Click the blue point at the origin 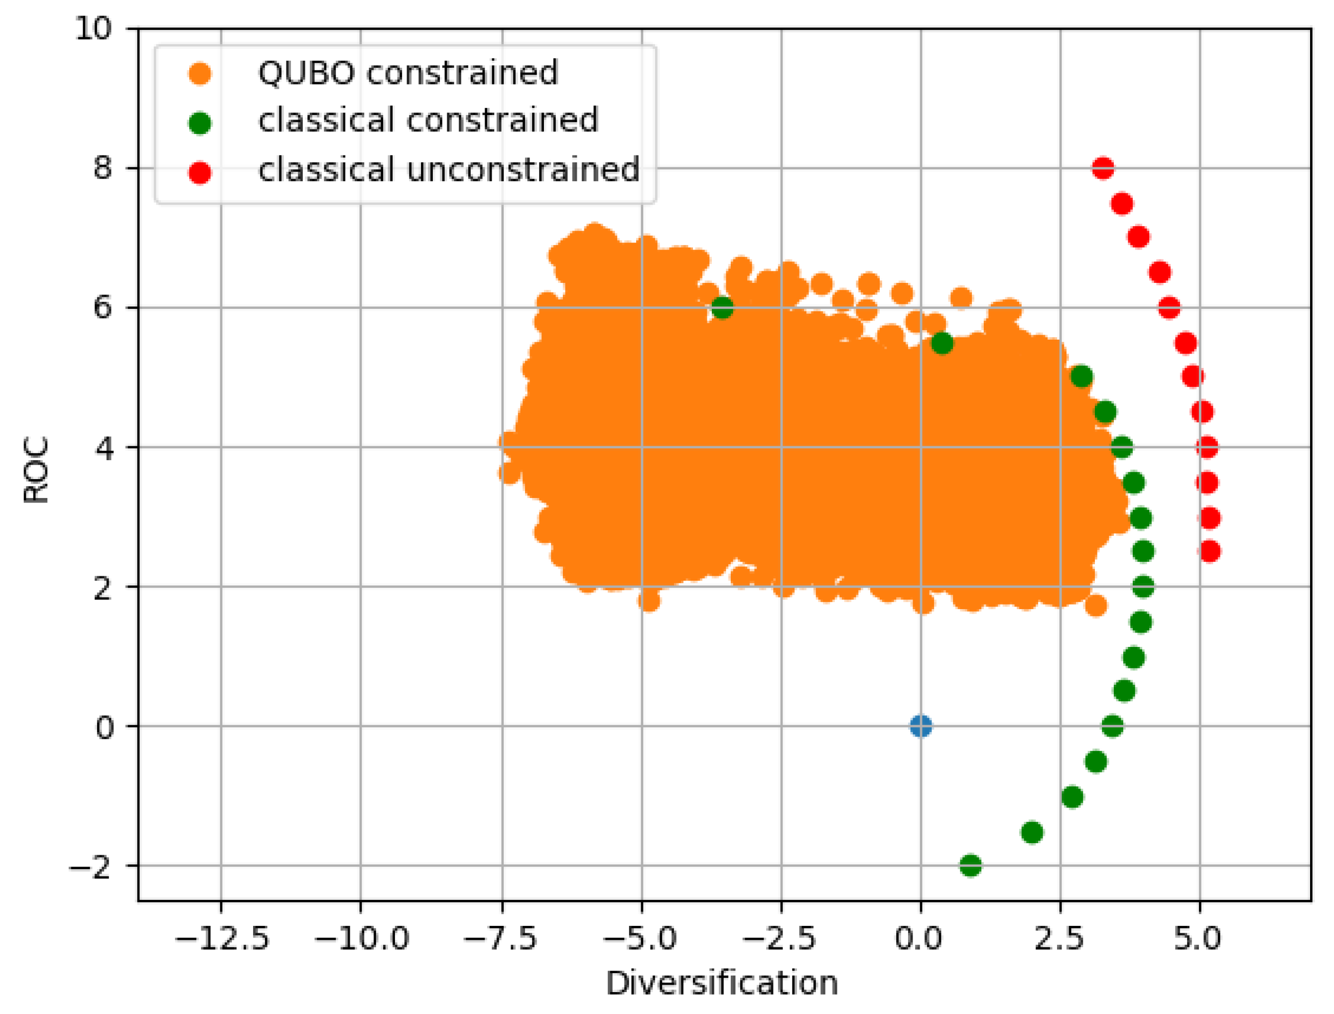tap(920, 726)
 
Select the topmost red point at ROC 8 tap(1103, 168)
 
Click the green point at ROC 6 tap(722, 308)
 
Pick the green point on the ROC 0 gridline tap(1112, 726)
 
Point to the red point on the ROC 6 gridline tap(1169, 308)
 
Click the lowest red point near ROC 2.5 tap(1209, 551)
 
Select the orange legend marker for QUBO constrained tap(200, 74)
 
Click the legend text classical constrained tap(428, 120)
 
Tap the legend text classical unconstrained tap(448, 170)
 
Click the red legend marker tap(200, 173)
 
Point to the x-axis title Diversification tap(722, 983)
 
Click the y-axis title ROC tap(36, 470)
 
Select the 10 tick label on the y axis tap(94, 28)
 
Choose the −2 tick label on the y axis tap(91, 867)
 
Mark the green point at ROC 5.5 tap(942, 344)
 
